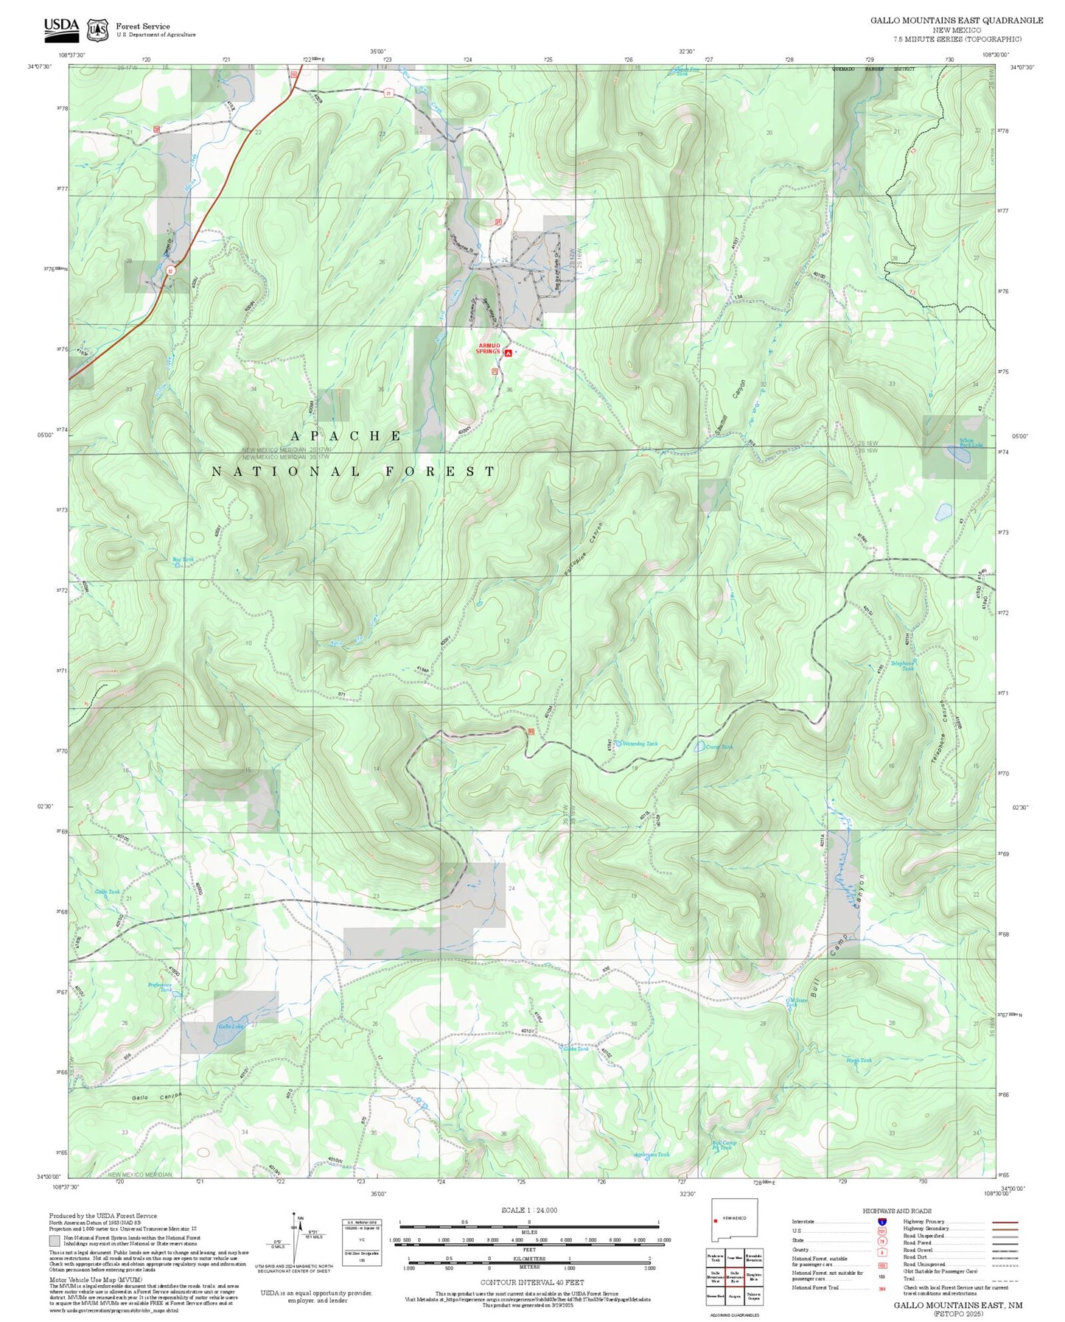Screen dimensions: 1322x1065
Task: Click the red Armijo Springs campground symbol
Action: coord(508,353)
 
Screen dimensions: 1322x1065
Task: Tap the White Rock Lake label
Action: coord(970,443)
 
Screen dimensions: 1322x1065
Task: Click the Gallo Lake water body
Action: coord(228,1036)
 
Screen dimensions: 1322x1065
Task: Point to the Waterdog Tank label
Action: coord(640,744)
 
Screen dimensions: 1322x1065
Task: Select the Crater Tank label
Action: coord(719,747)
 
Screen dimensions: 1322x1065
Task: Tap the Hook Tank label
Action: coord(859,1060)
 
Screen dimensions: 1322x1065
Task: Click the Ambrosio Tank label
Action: coord(652,1155)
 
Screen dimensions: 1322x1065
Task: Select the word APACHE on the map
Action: coord(346,436)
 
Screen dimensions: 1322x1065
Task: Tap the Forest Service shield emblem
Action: coord(97,30)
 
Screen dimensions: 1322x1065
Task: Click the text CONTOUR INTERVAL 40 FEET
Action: coord(531,1283)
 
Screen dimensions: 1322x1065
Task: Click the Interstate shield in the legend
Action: coord(881,1221)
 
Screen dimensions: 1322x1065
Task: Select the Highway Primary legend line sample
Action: coord(1005,1222)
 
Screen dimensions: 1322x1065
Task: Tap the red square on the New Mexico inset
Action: coord(716,1220)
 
